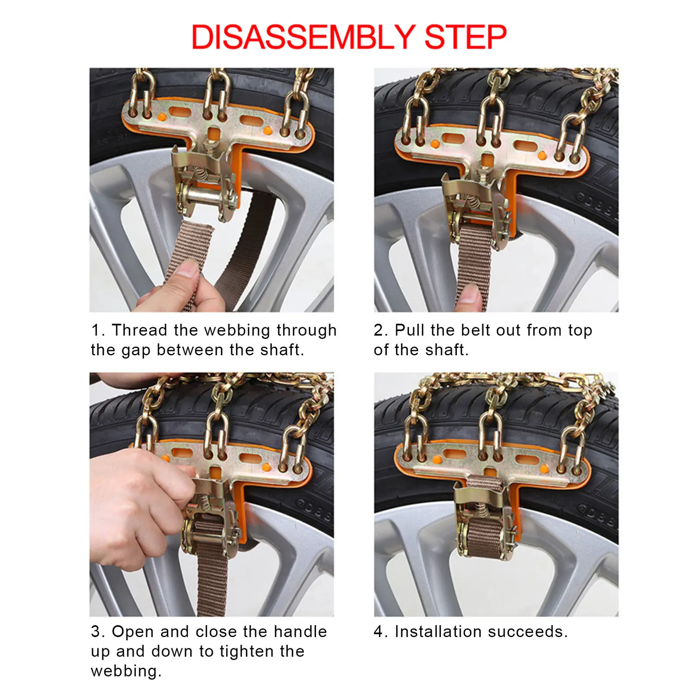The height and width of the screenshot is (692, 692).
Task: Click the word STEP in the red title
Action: click(466, 37)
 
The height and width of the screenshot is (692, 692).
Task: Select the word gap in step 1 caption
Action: click(137, 351)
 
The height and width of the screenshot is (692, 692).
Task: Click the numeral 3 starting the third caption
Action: click(96, 631)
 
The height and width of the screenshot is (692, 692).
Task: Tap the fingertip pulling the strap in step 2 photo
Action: click(469, 296)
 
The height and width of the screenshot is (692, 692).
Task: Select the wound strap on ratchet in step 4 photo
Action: click(485, 536)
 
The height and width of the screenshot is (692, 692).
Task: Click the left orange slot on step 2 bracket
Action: click(453, 139)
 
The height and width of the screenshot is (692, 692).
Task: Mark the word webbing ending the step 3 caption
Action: click(126, 671)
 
